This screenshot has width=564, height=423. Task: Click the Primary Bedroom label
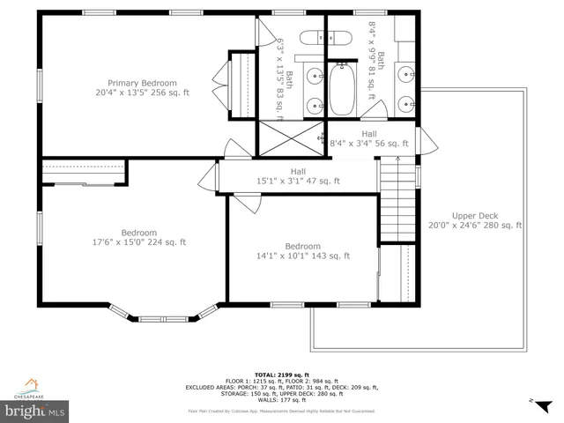143,83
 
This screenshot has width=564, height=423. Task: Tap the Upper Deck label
475,216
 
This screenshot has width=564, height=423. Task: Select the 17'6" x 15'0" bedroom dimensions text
140,242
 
